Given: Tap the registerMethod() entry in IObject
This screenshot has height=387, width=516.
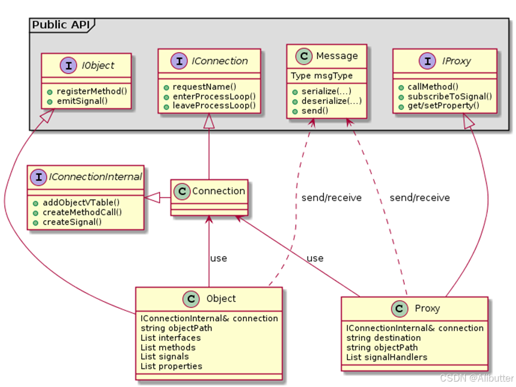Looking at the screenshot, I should pyautogui.click(x=91, y=91).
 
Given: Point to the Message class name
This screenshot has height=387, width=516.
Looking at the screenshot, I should pyautogui.click(x=337, y=56).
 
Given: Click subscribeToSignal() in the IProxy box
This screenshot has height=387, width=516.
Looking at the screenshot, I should pyautogui.click(x=450, y=96).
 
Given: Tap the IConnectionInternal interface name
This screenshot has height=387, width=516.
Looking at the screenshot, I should pyautogui.click(x=95, y=176).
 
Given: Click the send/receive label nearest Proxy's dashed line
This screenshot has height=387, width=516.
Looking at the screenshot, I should pyautogui.click(x=419, y=197).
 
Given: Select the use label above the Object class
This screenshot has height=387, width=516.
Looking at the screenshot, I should pyautogui.click(x=218, y=258).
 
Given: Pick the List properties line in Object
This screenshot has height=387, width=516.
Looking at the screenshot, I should pyautogui.click(x=171, y=365).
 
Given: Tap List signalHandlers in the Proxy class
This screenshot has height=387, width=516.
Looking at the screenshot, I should pyautogui.click(x=386, y=357).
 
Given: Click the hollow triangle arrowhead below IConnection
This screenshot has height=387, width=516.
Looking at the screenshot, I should pyautogui.click(x=209, y=121).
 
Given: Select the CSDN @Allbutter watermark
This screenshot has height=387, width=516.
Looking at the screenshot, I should pyautogui.click(x=476, y=378).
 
